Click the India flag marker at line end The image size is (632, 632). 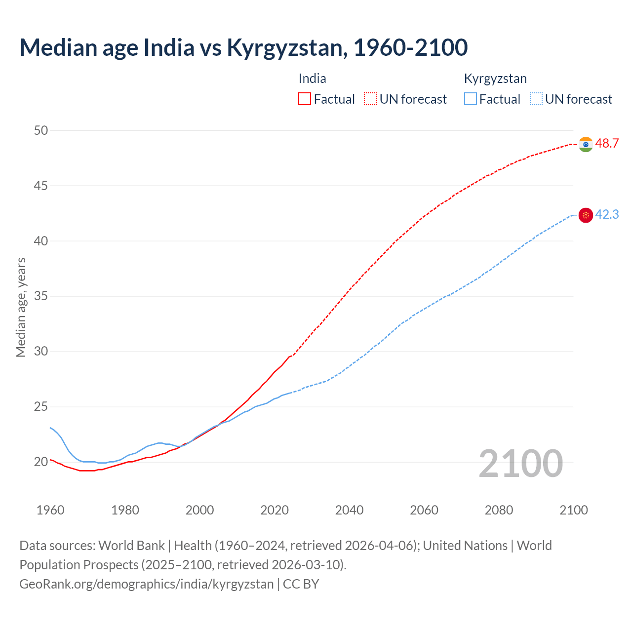[x=586, y=144]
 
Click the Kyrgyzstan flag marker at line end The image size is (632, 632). [x=586, y=215]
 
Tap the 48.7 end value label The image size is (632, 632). [x=607, y=144]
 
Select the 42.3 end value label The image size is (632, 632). [x=607, y=214]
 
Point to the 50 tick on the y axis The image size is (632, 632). [x=41, y=130]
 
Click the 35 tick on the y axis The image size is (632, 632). [x=41, y=296]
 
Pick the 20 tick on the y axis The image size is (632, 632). [x=41, y=462]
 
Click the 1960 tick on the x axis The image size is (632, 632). [x=50, y=510]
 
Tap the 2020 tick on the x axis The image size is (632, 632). [x=275, y=510]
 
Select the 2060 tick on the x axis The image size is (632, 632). [x=424, y=510]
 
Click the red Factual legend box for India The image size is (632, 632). [x=305, y=99]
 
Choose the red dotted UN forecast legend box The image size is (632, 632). [x=370, y=99]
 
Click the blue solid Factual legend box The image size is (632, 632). [x=471, y=99]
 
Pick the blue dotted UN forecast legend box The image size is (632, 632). [x=536, y=99]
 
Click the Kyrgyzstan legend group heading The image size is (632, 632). [x=495, y=79]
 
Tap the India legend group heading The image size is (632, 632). [x=312, y=79]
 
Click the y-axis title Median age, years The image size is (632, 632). [x=21, y=307]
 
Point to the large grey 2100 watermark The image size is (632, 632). [x=520, y=463]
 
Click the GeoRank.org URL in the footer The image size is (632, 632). [x=146, y=584]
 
